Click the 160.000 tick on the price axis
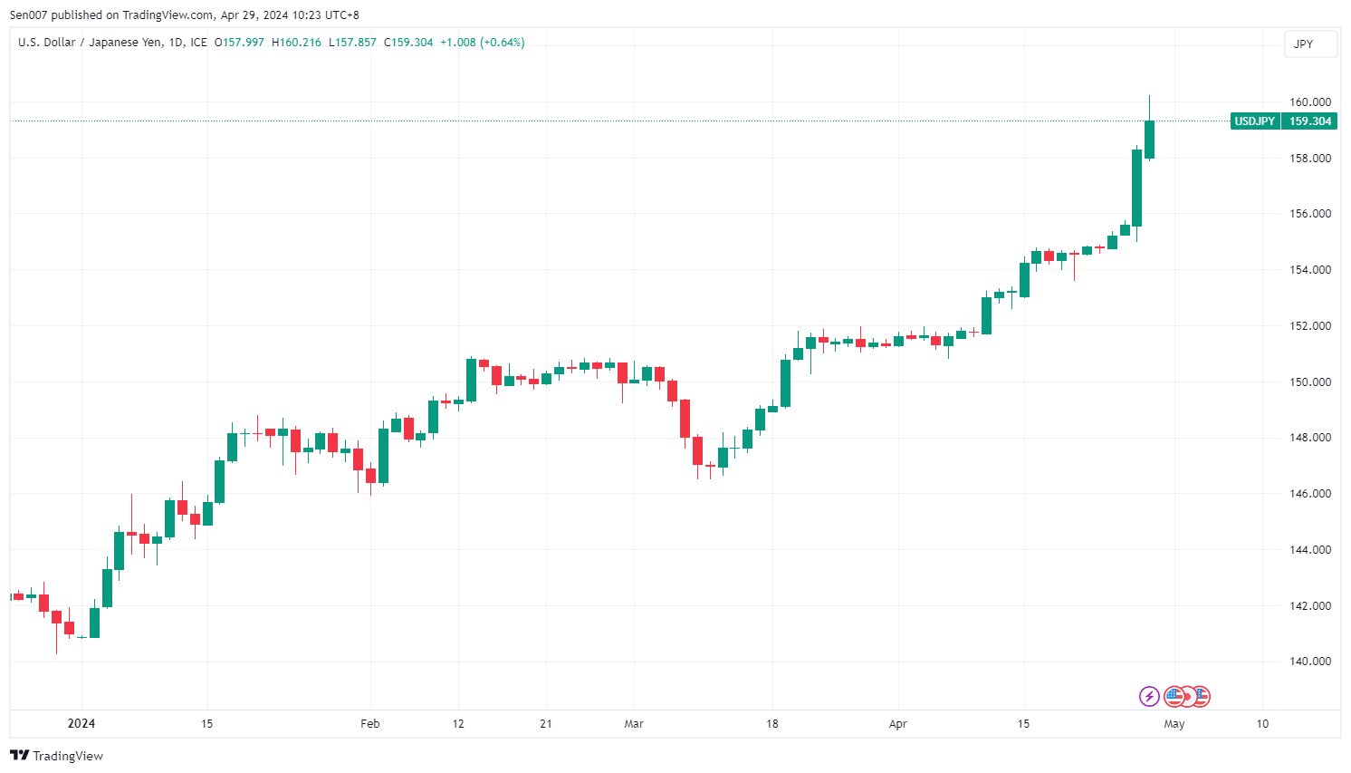pos(1309,102)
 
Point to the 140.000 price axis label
pos(1309,662)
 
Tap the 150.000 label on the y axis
pos(1309,382)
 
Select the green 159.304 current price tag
pos(1309,121)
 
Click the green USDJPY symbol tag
pos(1254,121)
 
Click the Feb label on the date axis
pos(369,724)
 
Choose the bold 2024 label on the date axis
pos(81,724)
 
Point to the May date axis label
pos(1174,724)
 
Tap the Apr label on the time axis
pos(897,724)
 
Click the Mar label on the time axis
pos(634,724)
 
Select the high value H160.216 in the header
pos(296,43)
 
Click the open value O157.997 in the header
pos(239,43)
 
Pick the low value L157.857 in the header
pos(352,43)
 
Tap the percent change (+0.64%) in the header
pos(502,43)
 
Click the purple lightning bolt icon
pos(1148,696)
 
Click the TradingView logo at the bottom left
pos(56,756)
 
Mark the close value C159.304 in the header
pos(408,43)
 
